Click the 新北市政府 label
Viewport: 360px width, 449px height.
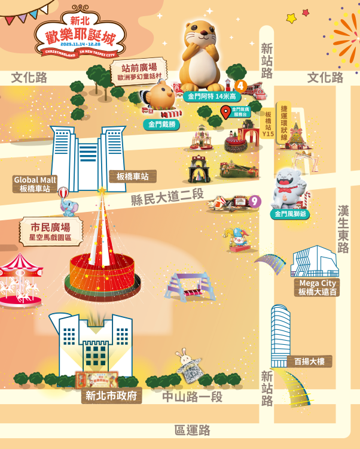[112, 396]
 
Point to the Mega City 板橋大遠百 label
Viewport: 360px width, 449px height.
[317, 287]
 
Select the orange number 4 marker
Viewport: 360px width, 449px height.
[242, 85]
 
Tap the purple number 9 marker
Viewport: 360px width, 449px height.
[255, 201]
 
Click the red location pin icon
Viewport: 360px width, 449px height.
[225, 111]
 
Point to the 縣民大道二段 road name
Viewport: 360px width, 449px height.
[168, 197]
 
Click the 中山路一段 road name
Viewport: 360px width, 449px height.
[193, 397]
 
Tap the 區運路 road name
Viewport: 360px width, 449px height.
[193, 430]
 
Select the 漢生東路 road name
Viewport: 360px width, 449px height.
[343, 230]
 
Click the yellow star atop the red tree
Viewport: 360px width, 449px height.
[102, 191]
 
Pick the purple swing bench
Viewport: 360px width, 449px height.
[190, 285]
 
